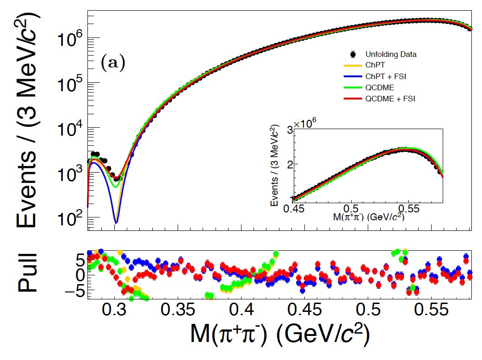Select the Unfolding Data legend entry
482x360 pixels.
pos(390,54)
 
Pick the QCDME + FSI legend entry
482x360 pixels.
pos(390,99)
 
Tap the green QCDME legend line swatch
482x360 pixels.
pos(352,87)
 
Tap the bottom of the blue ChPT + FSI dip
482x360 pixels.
pos(116,223)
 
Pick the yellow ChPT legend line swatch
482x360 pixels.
pos(352,65)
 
